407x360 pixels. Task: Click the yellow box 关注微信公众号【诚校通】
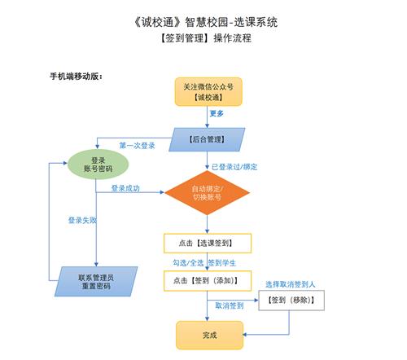208,92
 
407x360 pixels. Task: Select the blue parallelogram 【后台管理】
207,139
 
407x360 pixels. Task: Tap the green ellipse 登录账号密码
98,165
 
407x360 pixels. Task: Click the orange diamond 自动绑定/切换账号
207,193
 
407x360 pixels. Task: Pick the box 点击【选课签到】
208,243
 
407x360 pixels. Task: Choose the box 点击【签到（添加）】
208,281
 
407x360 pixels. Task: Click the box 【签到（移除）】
291,301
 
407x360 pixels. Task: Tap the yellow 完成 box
209,336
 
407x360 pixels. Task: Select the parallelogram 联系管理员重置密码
96,282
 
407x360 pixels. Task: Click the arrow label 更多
217,113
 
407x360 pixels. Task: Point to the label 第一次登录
137,146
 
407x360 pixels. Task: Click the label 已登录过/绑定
234,167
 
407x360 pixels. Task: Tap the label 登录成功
125,188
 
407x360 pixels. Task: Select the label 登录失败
82,220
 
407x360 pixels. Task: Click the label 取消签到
230,305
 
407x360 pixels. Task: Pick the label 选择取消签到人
290,284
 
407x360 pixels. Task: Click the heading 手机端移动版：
77,77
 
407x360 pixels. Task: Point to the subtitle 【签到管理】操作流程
206,38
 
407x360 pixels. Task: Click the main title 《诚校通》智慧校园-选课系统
206,22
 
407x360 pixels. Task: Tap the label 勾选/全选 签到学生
204,263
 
